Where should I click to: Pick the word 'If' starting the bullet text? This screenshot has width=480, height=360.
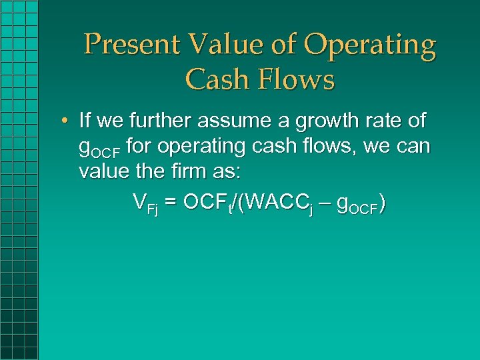click(85, 121)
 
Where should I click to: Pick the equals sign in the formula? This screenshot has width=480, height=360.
click(171, 201)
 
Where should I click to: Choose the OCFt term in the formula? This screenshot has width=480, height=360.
click(207, 202)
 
